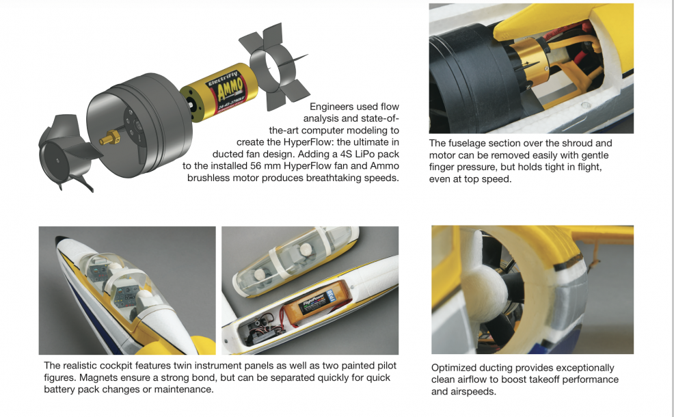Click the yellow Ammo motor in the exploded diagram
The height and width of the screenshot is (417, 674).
coord(219,92)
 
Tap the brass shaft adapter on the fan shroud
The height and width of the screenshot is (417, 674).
coord(110,137)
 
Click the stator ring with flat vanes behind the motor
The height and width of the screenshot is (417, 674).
coord(274,67)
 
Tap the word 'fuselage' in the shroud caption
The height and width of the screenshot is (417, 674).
coord(468,144)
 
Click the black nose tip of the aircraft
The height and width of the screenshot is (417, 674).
coord(60,239)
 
